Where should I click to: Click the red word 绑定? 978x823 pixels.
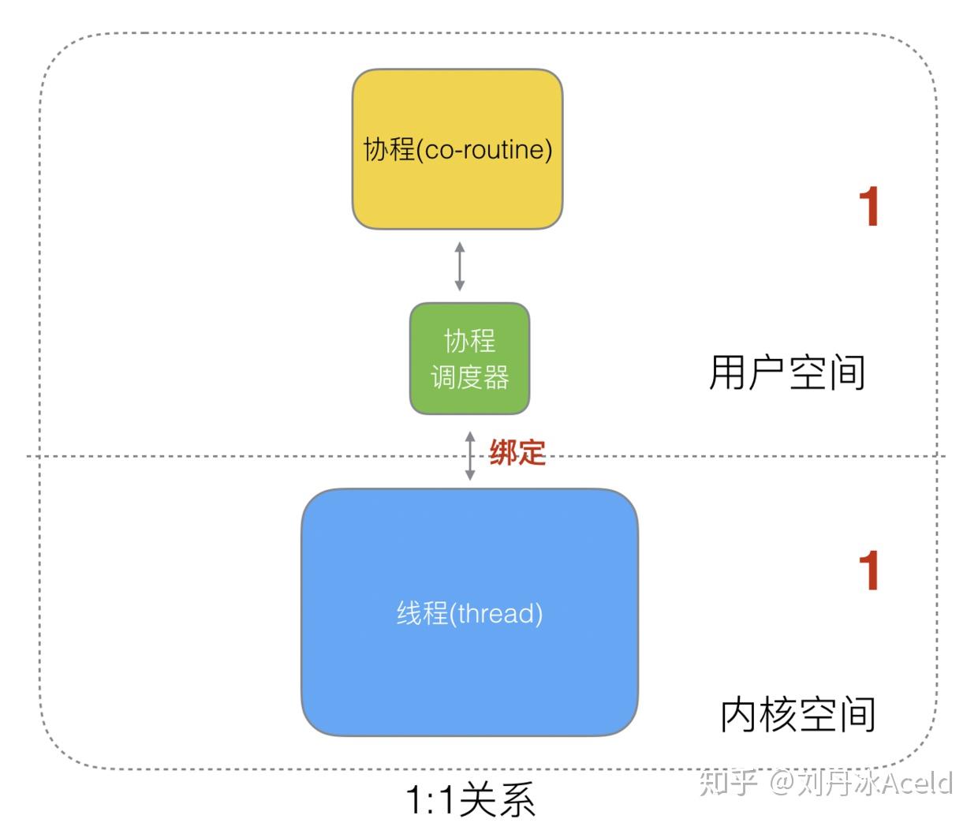[517, 453]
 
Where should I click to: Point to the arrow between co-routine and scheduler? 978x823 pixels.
[460, 267]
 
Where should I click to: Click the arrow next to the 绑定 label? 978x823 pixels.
[470, 456]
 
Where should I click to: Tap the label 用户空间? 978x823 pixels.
[787, 372]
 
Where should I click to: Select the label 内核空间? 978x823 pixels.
[798, 715]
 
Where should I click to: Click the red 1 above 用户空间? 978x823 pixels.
[869, 208]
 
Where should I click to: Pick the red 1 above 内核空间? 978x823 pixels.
[869, 570]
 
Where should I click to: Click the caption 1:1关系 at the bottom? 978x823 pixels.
[470, 800]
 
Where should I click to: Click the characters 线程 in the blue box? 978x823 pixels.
[422, 613]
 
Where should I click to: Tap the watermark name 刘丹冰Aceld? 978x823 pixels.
[875, 783]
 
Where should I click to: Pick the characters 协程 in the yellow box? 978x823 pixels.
[389, 149]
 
